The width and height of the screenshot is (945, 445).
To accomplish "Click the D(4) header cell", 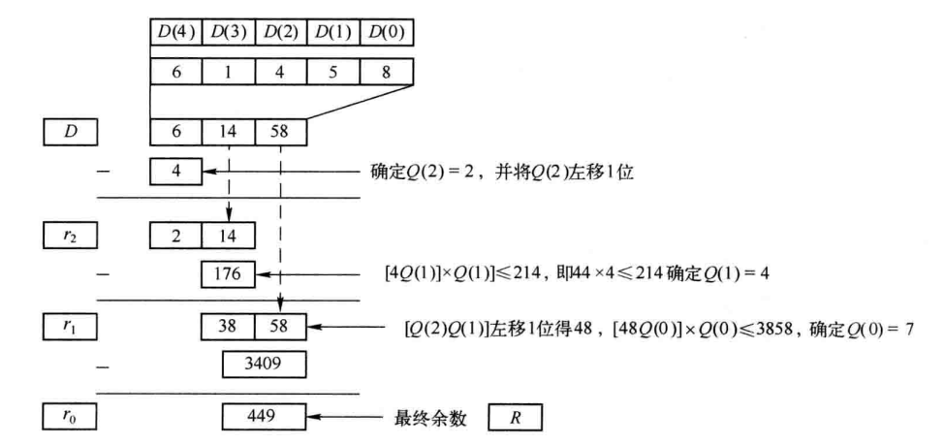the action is pos(176,31).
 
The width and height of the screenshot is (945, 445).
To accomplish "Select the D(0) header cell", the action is pos(386,31).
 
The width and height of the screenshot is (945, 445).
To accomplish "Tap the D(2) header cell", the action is pos(281,31).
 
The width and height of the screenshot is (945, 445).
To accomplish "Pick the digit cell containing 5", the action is pos(333,72).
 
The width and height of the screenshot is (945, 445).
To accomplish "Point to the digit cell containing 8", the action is pos(386,72).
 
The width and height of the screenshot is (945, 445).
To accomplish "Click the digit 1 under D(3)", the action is pos(229,72).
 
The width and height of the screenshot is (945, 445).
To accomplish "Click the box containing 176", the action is pos(228,274).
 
